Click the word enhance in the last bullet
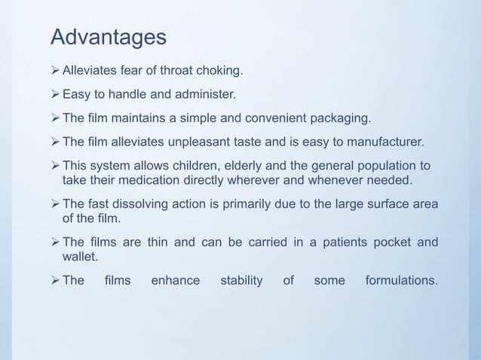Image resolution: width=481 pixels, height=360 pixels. click(176, 280)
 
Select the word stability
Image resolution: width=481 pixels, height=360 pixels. click(241, 280)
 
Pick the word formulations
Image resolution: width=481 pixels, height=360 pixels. click(400, 280)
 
